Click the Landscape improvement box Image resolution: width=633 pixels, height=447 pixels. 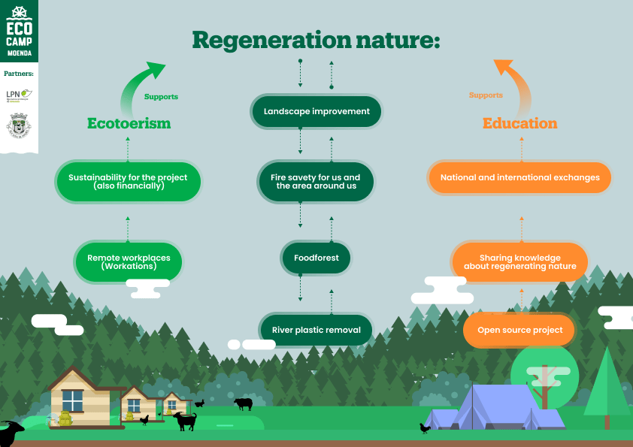(316, 111)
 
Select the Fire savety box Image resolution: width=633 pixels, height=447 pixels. (316, 182)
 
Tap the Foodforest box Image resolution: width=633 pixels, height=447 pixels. (316, 258)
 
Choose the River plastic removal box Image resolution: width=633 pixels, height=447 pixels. (316, 330)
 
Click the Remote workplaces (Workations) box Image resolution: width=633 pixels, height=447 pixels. (129, 262)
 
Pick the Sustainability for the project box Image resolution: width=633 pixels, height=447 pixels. (129, 181)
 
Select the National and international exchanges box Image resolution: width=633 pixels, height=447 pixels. (519, 178)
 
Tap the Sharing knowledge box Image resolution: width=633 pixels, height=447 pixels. (519, 262)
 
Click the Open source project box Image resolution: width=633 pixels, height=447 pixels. (519, 331)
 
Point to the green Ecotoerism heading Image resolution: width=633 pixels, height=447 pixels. (129, 123)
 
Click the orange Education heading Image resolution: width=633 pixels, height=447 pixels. (519, 123)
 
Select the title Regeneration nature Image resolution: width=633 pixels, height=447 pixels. (316, 40)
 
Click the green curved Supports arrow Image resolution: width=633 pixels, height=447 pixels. (143, 86)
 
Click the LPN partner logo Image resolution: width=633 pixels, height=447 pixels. (18, 95)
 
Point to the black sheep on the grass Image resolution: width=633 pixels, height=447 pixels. (244, 403)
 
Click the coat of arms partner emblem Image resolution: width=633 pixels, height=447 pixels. (18, 125)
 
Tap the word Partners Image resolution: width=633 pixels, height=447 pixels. (18, 74)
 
